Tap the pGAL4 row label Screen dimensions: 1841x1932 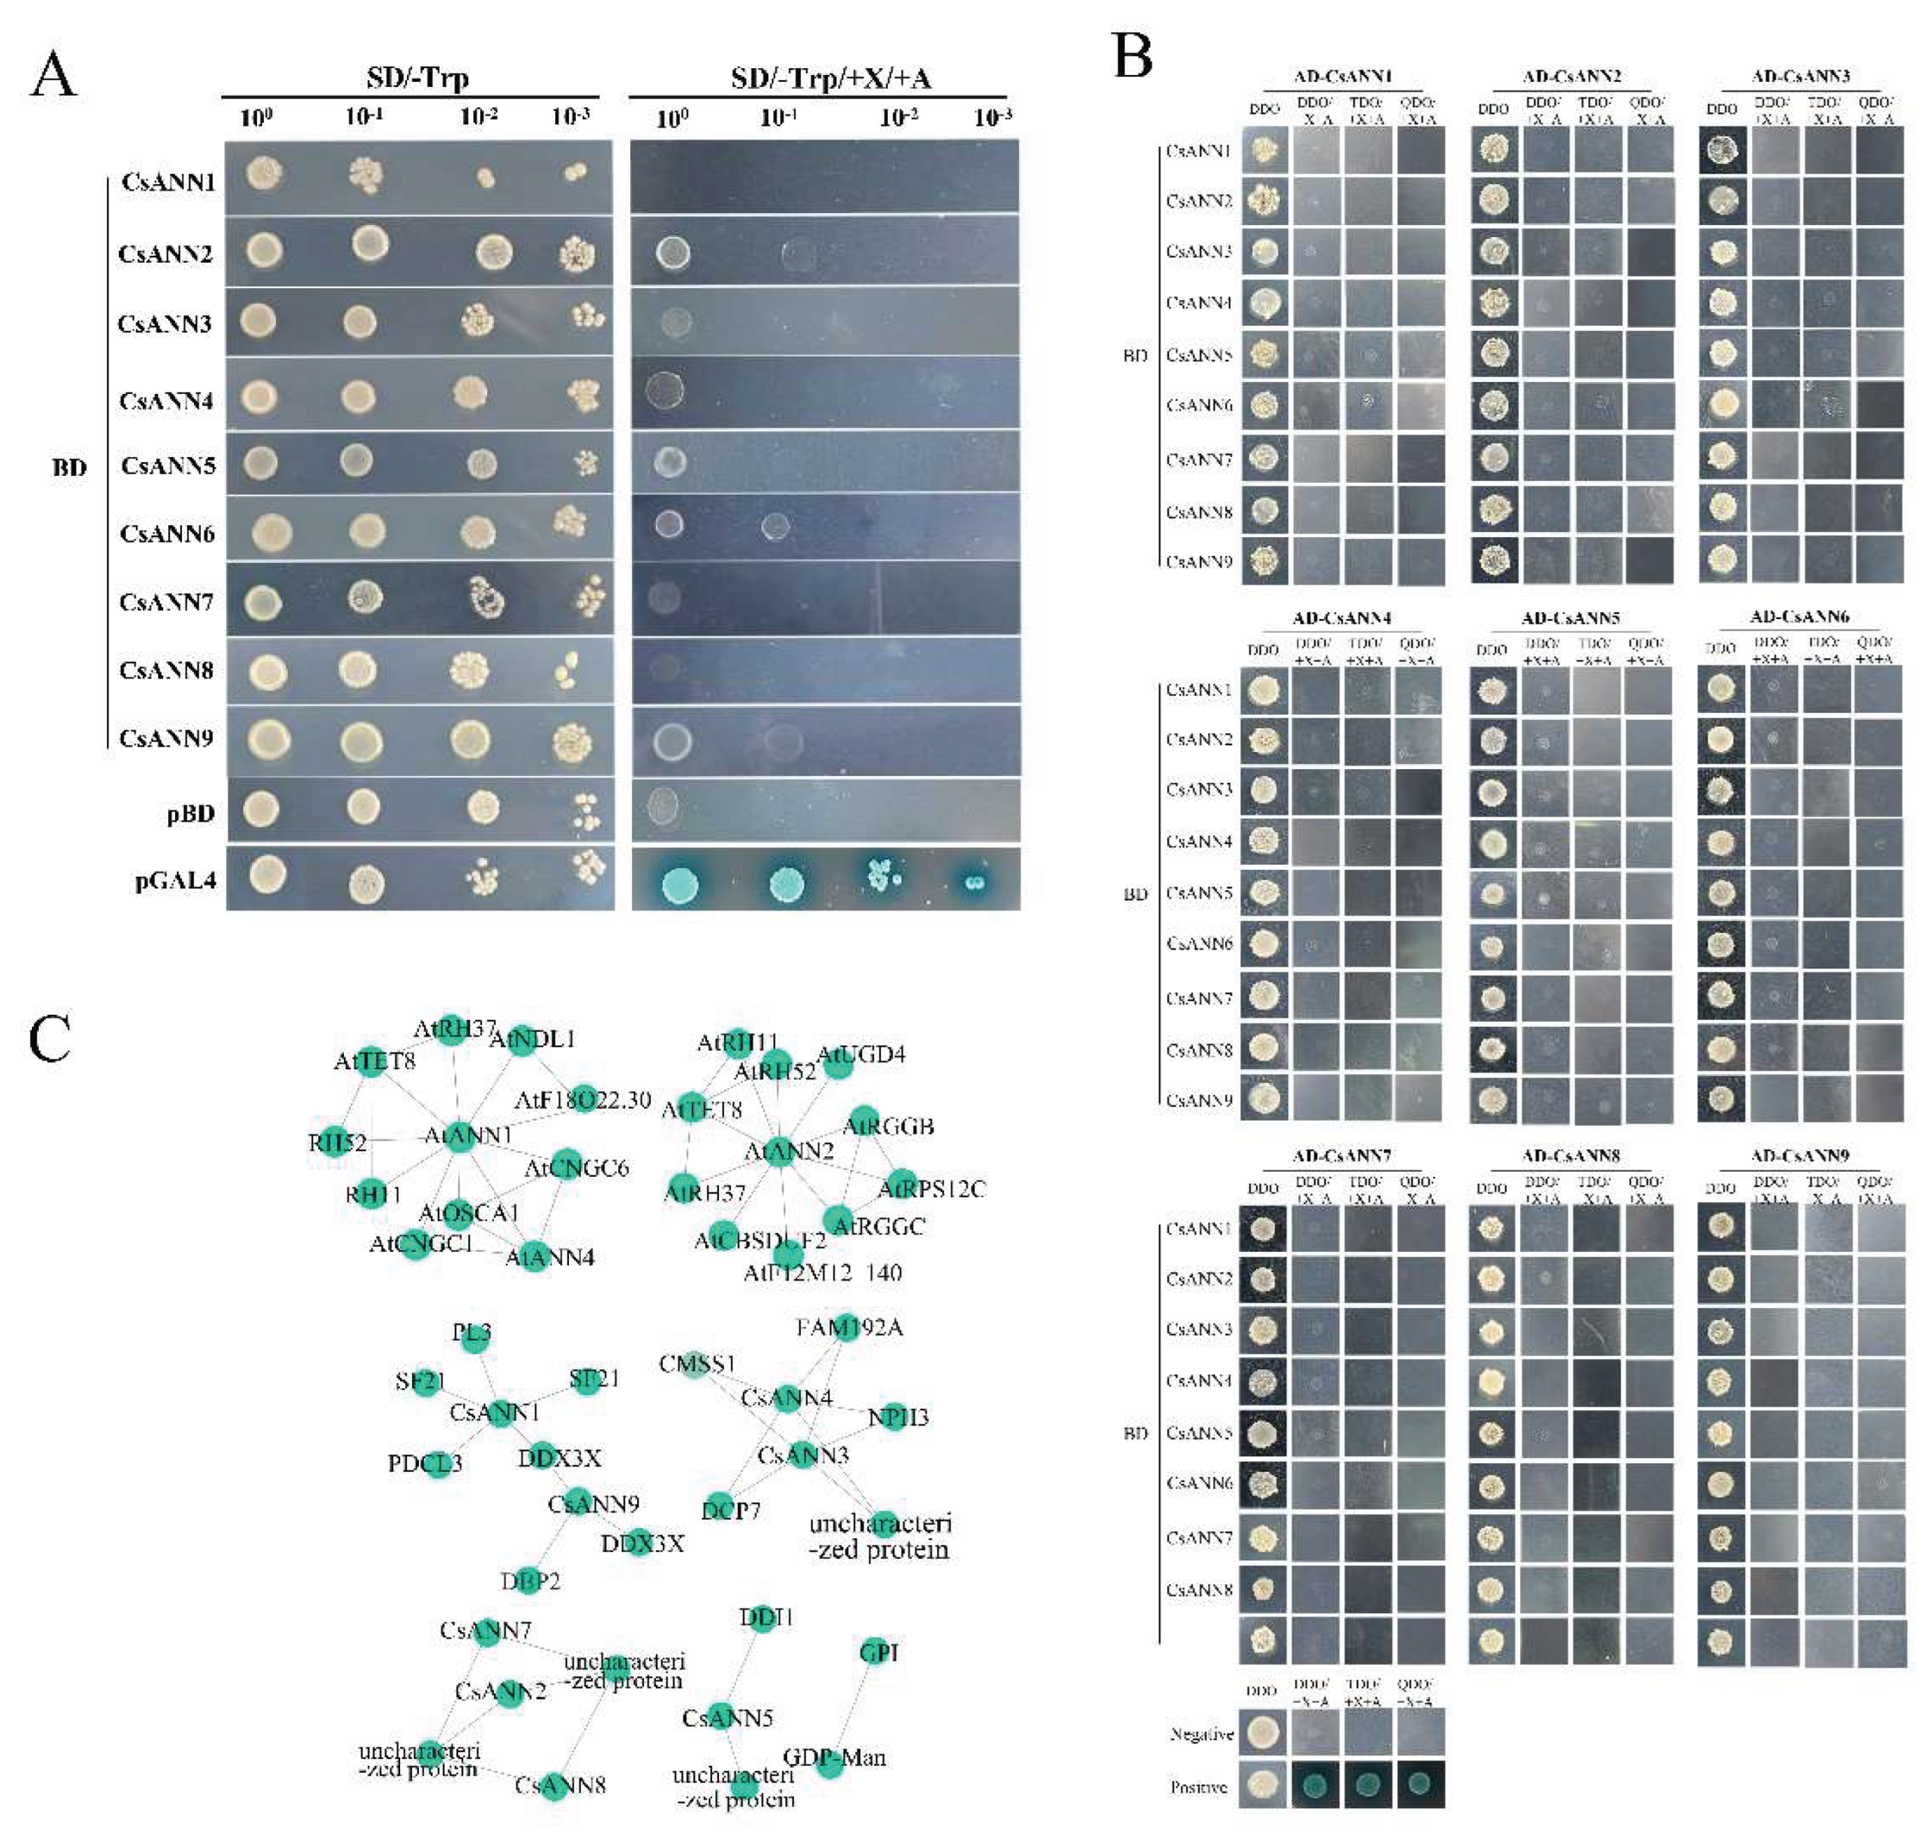pyautogui.click(x=176, y=880)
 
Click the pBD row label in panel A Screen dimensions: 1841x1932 pyautogui.click(x=190, y=813)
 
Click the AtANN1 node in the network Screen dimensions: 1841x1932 pyautogui.click(x=467, y=1135)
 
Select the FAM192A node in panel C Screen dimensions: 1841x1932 pyautogui.click(x=849, y=1328)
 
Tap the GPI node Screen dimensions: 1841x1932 pyautogui.click(x=877, y=1653)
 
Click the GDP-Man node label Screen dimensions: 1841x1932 pyautogui.click(x=834, y=1758)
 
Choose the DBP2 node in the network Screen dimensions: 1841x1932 pyautogui.click(x=530, y=1581)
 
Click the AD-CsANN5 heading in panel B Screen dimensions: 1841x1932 pyautogui.click(x=1570, y=618)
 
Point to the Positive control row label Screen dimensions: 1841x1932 pyautogui.click(x=1198, y=1787)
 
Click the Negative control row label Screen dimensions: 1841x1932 pyautogui.click(x=1200, y=1734)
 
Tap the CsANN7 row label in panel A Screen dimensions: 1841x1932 pyautogui.click(x=166, y=602)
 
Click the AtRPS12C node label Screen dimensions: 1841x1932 pyautogui.click(x=930, y=1189)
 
